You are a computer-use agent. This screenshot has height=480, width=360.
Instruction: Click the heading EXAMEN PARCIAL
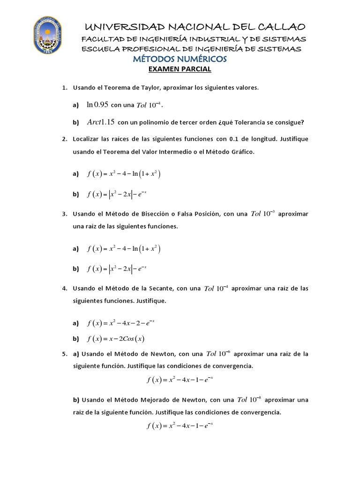[x=180, y=69]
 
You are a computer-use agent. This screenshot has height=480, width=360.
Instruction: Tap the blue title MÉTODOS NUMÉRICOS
[x=180, y=59]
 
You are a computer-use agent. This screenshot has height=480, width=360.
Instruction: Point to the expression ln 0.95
[x=97, y=105]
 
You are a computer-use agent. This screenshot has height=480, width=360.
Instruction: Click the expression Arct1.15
[x=101, y=122]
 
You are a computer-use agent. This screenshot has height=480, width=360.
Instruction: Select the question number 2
[x=64, y=139]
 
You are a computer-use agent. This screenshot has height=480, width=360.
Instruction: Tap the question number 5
[x=64, y=354]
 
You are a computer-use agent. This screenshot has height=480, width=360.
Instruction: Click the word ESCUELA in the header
[x=99, y=49]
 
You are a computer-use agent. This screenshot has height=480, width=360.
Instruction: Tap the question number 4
[x=64, y=288]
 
